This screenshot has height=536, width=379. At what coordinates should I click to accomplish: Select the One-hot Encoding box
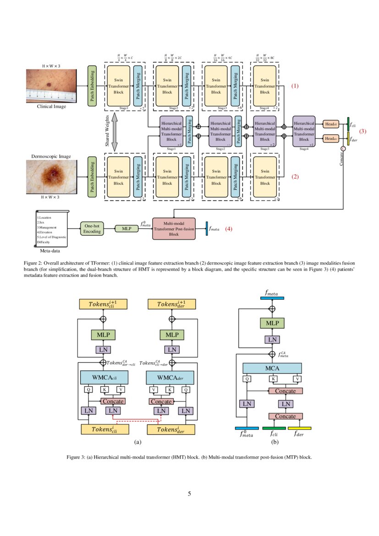tap(92, 228)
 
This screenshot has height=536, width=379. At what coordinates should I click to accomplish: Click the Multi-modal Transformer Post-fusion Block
tap(173, 228)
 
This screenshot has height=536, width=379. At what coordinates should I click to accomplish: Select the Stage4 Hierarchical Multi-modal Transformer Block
tap(303, 131)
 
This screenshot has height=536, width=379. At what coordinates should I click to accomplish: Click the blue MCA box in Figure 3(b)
tap(272, 368)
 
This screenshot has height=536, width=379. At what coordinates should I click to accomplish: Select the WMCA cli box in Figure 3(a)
tap(104, 377)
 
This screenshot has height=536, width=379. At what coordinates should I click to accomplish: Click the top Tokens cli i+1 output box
tap(104, 304)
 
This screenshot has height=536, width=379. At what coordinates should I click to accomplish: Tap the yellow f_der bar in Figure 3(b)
tap(299, 428)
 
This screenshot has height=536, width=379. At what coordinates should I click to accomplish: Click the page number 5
tap(189, 493)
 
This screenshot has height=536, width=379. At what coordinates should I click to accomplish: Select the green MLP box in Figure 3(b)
tap(272, 324)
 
